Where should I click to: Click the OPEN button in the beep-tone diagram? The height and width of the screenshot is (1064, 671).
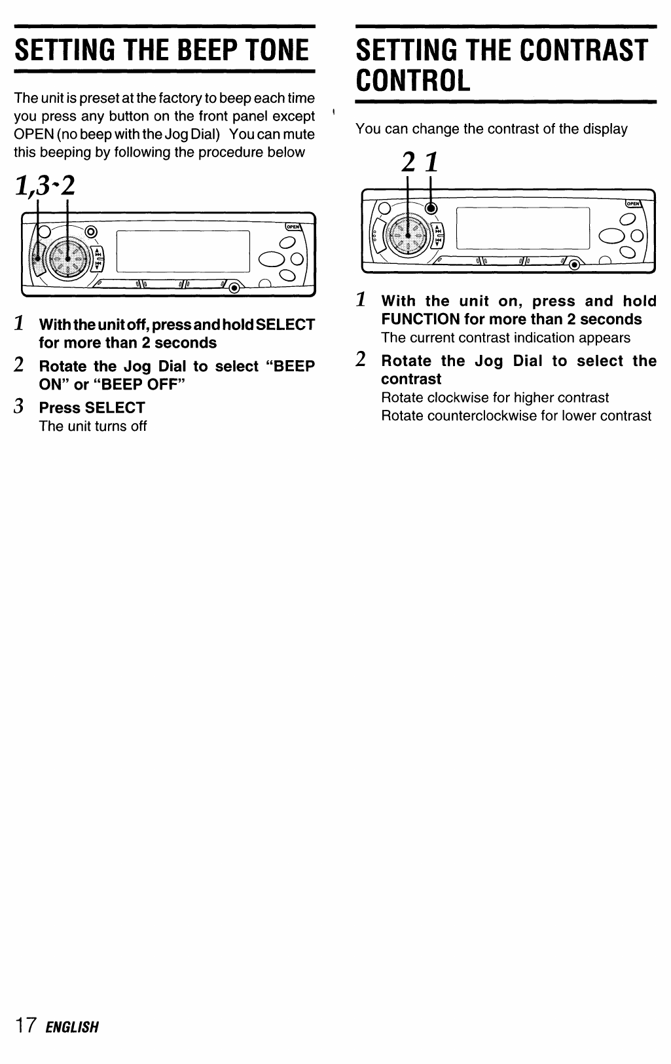coord(292,227)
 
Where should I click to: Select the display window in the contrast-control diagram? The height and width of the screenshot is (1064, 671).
coord(522,227)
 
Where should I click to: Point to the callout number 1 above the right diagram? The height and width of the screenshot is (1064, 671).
coord(430,162)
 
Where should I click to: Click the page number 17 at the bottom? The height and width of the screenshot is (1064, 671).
coord(26,1025)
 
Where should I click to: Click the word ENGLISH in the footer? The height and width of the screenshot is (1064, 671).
coord(72,1026)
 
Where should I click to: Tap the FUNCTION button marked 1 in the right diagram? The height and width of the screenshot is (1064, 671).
coord(431,209)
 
